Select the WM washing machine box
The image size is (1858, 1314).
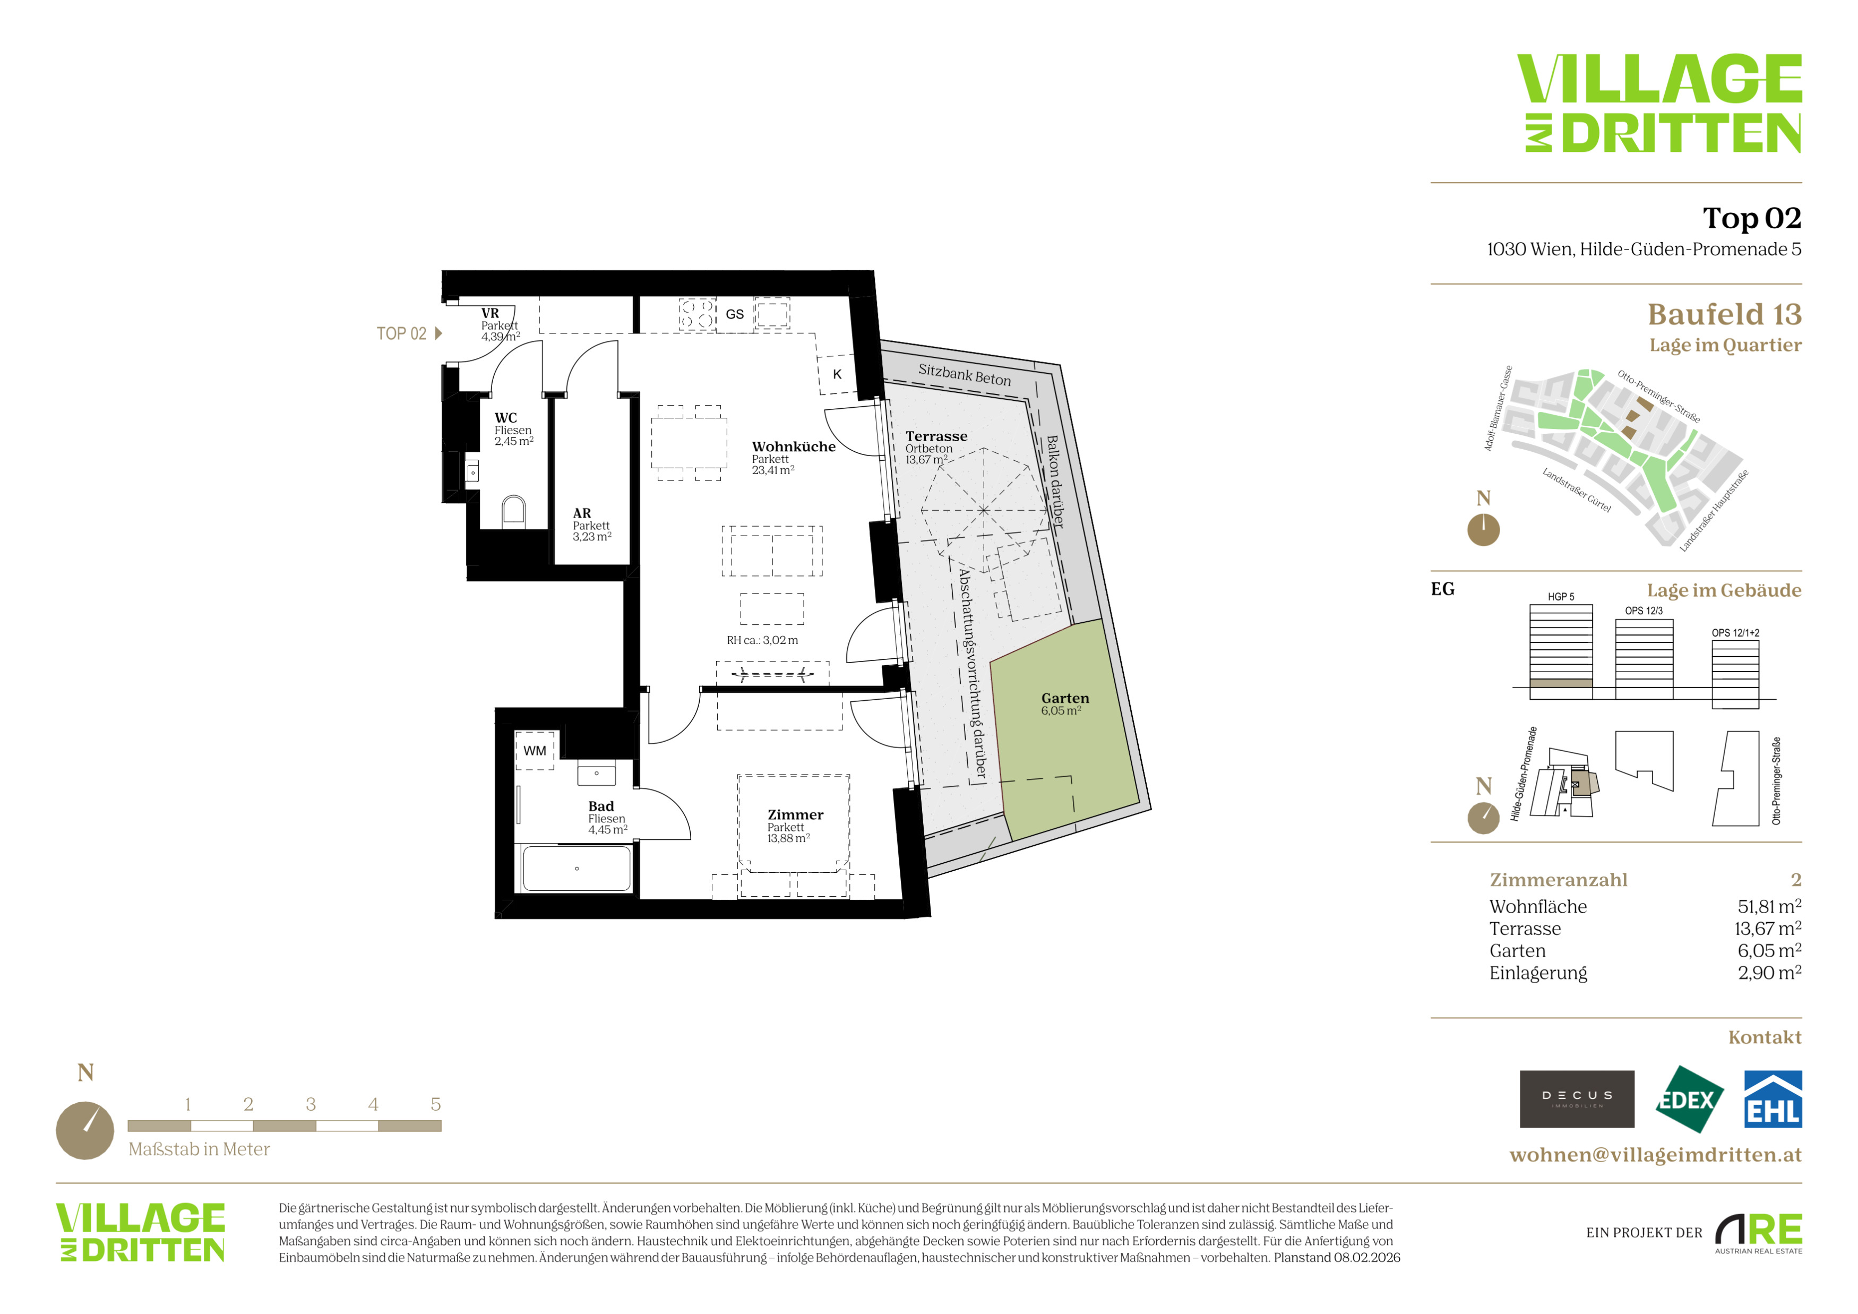[535, 751]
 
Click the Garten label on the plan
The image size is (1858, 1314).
[1065, 698]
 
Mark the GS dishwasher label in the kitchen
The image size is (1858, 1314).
[735, 314]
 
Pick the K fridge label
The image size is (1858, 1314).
[838, 374]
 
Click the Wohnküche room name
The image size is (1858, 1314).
[794, 446]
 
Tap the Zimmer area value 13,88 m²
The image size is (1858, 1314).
[789, 838]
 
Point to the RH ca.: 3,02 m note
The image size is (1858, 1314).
[762, 640]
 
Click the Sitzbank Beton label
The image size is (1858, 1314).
[965, 375]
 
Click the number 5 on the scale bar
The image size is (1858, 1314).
[435, 1104]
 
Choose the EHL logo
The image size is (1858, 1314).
[1773, 1099]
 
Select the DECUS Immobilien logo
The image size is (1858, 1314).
[1577, 1099]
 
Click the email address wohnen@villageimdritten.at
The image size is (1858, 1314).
[1656, 1155]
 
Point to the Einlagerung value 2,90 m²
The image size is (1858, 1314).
[1770, 973]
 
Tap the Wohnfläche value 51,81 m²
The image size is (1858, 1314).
[1770, 906]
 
